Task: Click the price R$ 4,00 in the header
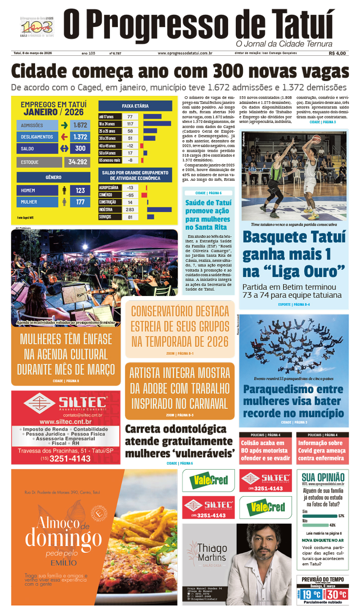[337, 53]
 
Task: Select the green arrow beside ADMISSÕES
[64, 125]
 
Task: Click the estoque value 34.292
[77, 162]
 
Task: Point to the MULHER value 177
[80, 202]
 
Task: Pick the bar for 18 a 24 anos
[157, 124]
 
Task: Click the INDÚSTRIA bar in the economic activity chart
[159, 210]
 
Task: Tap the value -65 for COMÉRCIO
[130, 195]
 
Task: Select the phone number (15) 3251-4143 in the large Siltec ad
[66, 458]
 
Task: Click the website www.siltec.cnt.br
[66, 421]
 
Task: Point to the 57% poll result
[341, 515]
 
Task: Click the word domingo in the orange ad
[63, 538]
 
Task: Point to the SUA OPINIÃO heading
[323, 477]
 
